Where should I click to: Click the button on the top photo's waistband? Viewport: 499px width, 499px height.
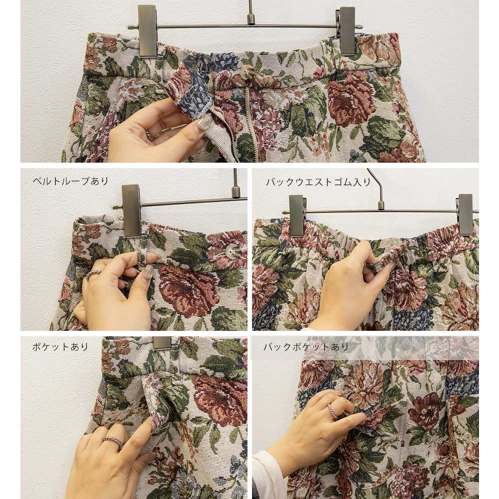(x=247, y=71)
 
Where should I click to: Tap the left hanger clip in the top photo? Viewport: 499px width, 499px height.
(x=148, y=30)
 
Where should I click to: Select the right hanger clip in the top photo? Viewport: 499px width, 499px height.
(x=347, y=31)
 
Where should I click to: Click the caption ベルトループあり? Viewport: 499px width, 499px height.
(x=71, y=181)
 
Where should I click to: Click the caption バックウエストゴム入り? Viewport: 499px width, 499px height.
(x=318, y=182)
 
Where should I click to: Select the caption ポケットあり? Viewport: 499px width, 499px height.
(x=60, y=347)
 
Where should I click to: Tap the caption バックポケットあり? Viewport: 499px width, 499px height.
(x=306, y=347)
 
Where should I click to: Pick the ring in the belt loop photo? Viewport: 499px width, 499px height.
(x=93, y=274)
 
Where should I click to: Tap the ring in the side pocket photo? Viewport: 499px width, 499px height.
(x=113, y=442)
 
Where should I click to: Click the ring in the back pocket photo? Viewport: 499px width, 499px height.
(x=332, y=411)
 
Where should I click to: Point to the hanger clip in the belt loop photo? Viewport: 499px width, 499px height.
(x=131, y=210)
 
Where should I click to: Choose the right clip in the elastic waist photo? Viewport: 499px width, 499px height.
(x=465, y=215)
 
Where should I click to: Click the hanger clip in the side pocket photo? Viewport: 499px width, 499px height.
(x=162, y=344)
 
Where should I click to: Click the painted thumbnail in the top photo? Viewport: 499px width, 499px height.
(x=204, y=122)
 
